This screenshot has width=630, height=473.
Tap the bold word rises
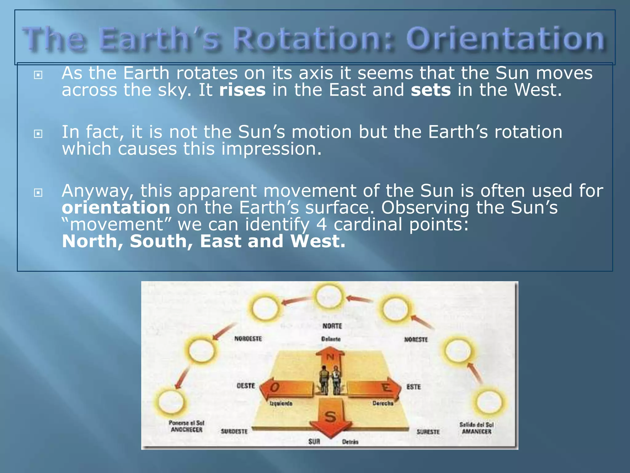pos(242,90)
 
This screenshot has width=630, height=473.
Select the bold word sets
pos(431,90)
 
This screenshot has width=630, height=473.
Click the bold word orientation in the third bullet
pos(116,208)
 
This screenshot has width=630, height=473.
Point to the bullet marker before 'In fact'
pos(38,134)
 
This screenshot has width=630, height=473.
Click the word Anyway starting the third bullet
pos(98,191)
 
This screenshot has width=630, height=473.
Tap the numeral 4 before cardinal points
pos(321,224)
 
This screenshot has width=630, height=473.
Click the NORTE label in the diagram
pos(332,326)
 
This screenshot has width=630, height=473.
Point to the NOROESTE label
pos(248,339)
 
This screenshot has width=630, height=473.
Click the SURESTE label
pos(428,432)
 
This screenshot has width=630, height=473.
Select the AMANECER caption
pos(476,432)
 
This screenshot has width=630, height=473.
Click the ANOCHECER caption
pos(186,430)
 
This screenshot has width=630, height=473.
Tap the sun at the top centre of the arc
pos(329,297)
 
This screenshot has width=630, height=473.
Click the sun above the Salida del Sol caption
pos(489,402)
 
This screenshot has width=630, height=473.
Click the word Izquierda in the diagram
pos(281,403)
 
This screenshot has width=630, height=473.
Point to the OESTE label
pos(245,386)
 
